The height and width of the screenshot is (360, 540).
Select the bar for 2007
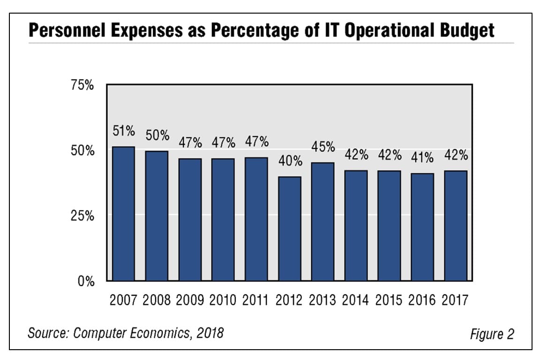[123, 214]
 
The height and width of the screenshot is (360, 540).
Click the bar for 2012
[290, 229]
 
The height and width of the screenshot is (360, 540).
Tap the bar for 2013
[323, 222]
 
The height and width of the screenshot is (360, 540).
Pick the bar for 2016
[422, 227]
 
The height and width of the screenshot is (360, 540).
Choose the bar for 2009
[190, 220]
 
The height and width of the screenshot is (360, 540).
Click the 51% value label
[124, 131]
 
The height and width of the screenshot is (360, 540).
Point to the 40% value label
[290, 161]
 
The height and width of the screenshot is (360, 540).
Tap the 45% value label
[323, 147]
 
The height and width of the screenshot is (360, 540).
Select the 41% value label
[422, 158]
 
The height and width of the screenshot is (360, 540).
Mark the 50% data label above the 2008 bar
[157, 135]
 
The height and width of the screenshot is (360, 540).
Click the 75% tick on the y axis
[82, 86]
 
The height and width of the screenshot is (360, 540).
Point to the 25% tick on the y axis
[82, 217]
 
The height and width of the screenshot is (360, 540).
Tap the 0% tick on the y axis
[86, 282]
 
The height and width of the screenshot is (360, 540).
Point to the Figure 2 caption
[492, 334]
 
